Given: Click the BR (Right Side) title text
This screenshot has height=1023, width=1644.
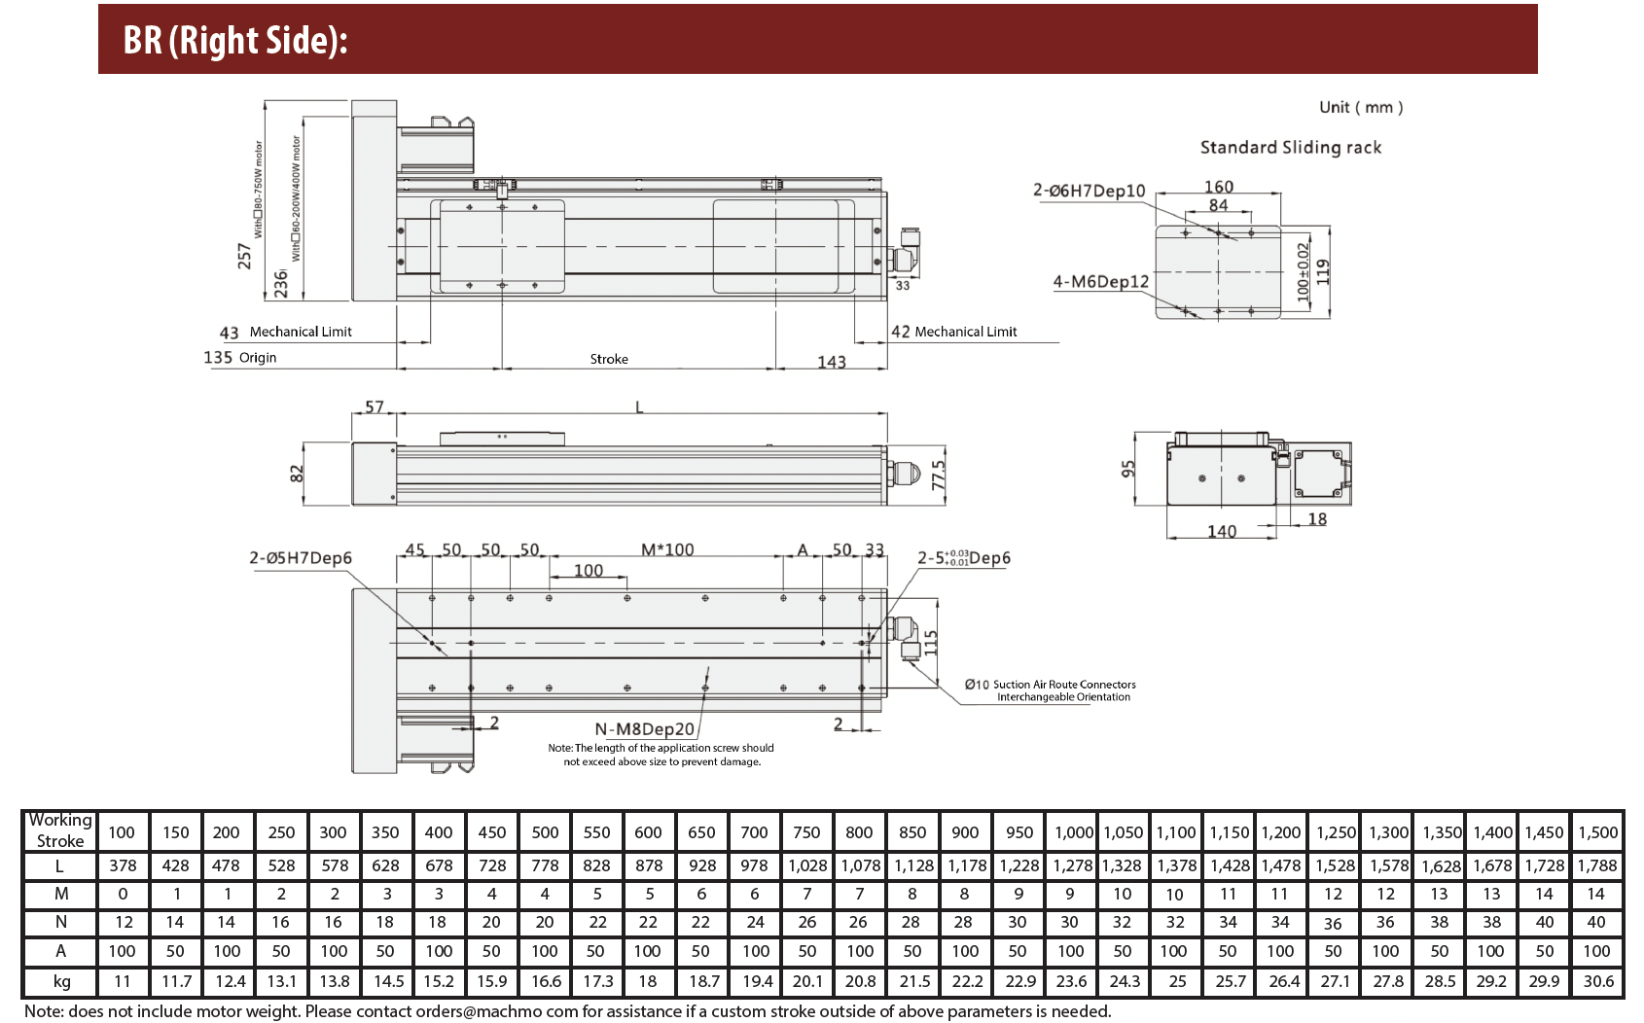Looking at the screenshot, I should point(235,41).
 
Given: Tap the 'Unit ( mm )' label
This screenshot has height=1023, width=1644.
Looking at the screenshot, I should point(1360,108).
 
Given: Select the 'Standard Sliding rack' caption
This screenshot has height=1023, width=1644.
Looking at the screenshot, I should point(1290,148).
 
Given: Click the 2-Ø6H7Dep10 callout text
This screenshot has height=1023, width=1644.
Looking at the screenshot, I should point(1089,191).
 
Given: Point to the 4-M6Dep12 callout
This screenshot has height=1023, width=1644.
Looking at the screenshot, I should point(1100,282).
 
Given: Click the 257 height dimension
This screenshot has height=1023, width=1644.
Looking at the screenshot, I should point(244,255).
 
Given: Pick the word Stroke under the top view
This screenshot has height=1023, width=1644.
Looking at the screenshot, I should point(609,360).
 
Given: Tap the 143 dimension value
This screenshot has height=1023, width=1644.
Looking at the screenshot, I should point(831,362).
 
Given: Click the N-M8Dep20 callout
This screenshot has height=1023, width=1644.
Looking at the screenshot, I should point(644,729).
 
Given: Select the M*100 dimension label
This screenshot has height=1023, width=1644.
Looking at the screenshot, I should point(667,550).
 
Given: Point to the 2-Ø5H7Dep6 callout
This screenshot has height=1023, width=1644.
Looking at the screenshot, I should point(300,558).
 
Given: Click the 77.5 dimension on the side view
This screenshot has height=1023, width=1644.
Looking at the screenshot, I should point(938,476).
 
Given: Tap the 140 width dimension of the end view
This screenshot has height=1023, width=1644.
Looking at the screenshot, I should point(1221,531).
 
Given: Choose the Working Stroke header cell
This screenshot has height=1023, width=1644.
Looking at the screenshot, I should point(60,831).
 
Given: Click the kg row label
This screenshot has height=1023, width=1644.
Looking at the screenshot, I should point(61,981).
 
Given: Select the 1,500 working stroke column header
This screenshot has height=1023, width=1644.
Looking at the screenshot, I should point(1597,832).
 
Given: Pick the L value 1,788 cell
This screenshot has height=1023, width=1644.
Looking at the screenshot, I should point(1597,865).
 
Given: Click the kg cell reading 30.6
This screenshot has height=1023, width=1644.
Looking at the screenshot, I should point(1597,981).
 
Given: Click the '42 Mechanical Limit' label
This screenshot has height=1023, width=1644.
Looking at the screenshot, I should point(953,332).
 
